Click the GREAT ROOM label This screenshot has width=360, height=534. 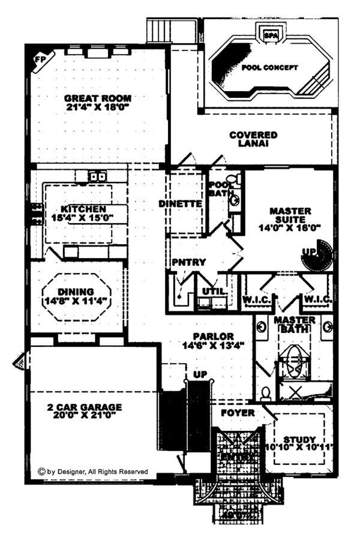98,98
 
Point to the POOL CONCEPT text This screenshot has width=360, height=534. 269,68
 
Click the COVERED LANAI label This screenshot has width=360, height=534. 253,139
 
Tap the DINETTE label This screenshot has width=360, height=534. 180,203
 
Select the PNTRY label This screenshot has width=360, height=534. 189,262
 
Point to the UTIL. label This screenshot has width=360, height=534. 214,291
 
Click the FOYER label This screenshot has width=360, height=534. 238,413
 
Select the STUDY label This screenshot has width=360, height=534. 298,440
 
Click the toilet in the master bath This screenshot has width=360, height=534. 265,393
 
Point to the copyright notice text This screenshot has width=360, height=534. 92,472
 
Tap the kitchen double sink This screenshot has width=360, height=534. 97,176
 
